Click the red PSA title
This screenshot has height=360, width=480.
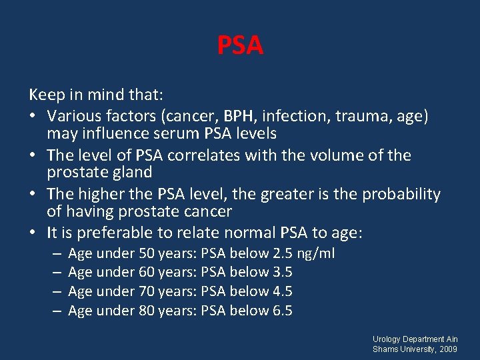click(x=240, y=46)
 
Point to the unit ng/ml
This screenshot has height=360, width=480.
click(x=316, y=253)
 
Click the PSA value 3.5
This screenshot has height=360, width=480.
click(x=282, y=272)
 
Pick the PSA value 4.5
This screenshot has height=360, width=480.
click(x=282, y=291)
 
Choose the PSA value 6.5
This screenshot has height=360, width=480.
click(x=282, y=311)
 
